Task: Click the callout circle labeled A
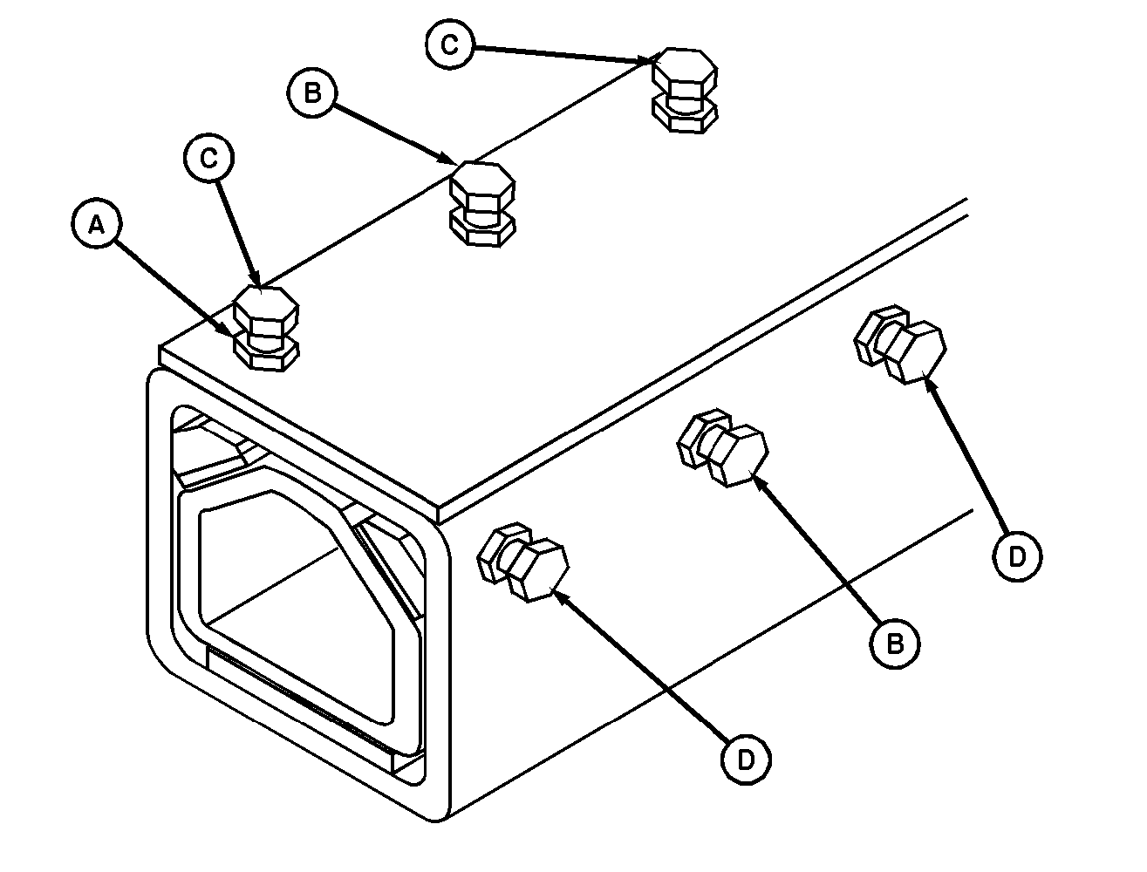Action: click(x=97, y=223)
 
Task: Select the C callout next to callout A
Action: click(x=209, y=158)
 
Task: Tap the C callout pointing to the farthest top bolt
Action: click(x=450, y=44)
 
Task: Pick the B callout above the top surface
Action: click(x=312, y=92)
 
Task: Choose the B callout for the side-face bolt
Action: click(x=895, y=644)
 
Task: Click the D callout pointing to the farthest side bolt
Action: click(x=1017, y=556)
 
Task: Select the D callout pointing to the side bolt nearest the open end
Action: click(x=746, y=760)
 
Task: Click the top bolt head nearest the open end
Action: click(x=266, y=311)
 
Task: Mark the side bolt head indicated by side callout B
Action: click(x=738, y=455)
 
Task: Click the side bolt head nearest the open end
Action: click(x=539, y=570)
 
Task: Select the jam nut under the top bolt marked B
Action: click(x=482, y=229)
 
